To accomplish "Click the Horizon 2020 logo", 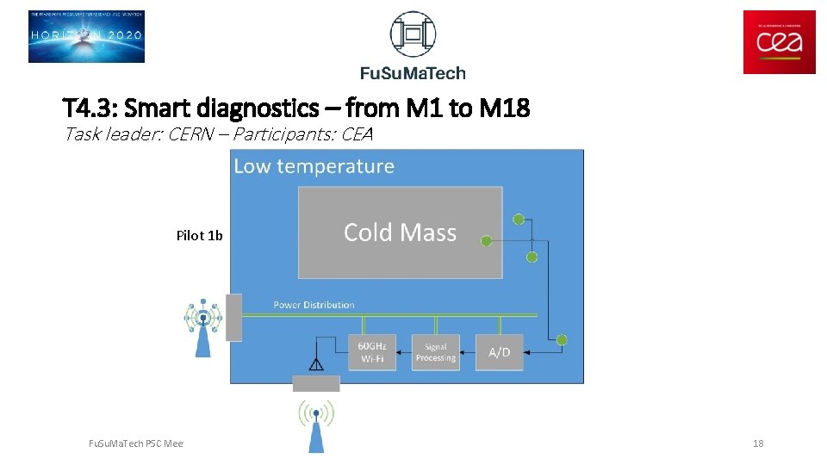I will coord(86,36).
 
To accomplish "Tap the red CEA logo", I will coord(779,42).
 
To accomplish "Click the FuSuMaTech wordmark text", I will coord(413,72).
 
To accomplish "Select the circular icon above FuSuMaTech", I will coord(413,34).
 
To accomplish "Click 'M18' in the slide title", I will coord(504,108).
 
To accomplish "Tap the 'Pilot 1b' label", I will coord(199,235).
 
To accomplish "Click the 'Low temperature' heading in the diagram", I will coord(314,166).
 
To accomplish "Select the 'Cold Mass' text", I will coord(400,232).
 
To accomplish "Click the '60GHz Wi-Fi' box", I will coord(372,352).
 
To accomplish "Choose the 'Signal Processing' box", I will coord(435,352).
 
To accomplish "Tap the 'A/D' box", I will coord(499,352).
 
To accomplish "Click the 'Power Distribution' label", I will coord(314,305).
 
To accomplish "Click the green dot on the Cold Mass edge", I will coord(486,241).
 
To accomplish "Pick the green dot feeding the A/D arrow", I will coord(562,340).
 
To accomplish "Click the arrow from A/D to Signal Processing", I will coord(468,352).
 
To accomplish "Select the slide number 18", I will coord(758,443).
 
